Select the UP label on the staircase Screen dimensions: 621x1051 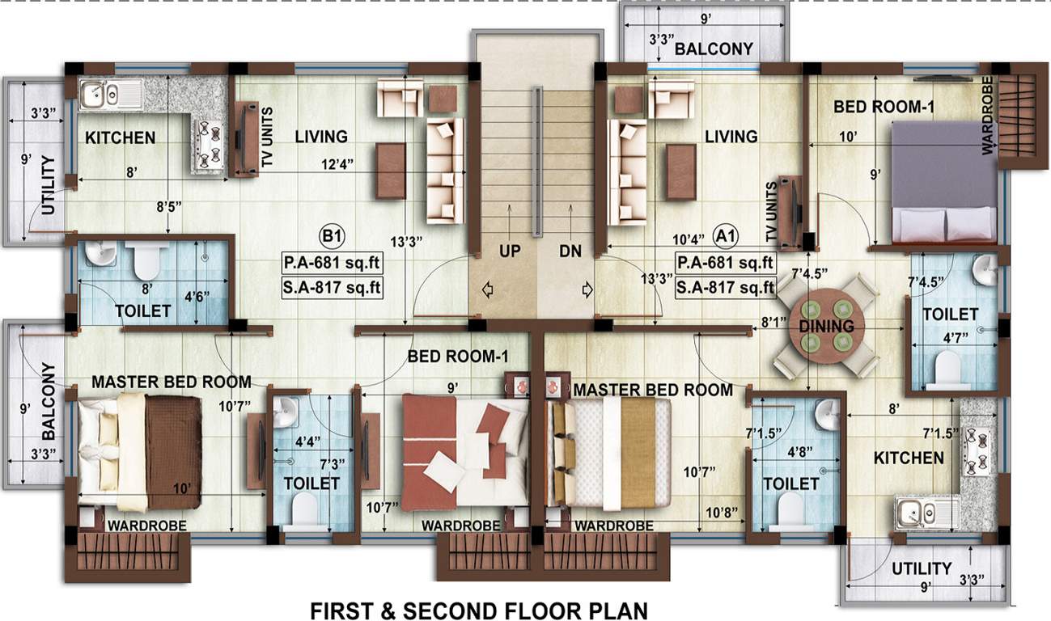tap(510, 251)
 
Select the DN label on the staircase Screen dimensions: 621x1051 tap(570, 251)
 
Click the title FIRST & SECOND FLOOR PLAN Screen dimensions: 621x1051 tap(478, 610)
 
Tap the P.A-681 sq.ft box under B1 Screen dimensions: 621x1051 tap(332, 263)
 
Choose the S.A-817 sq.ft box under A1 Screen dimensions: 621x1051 tap(726, 286)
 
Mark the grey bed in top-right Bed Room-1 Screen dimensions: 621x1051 tap(943, 180)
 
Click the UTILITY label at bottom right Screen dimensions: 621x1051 tap(921, 568)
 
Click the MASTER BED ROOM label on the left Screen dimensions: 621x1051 tap(171, 381)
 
